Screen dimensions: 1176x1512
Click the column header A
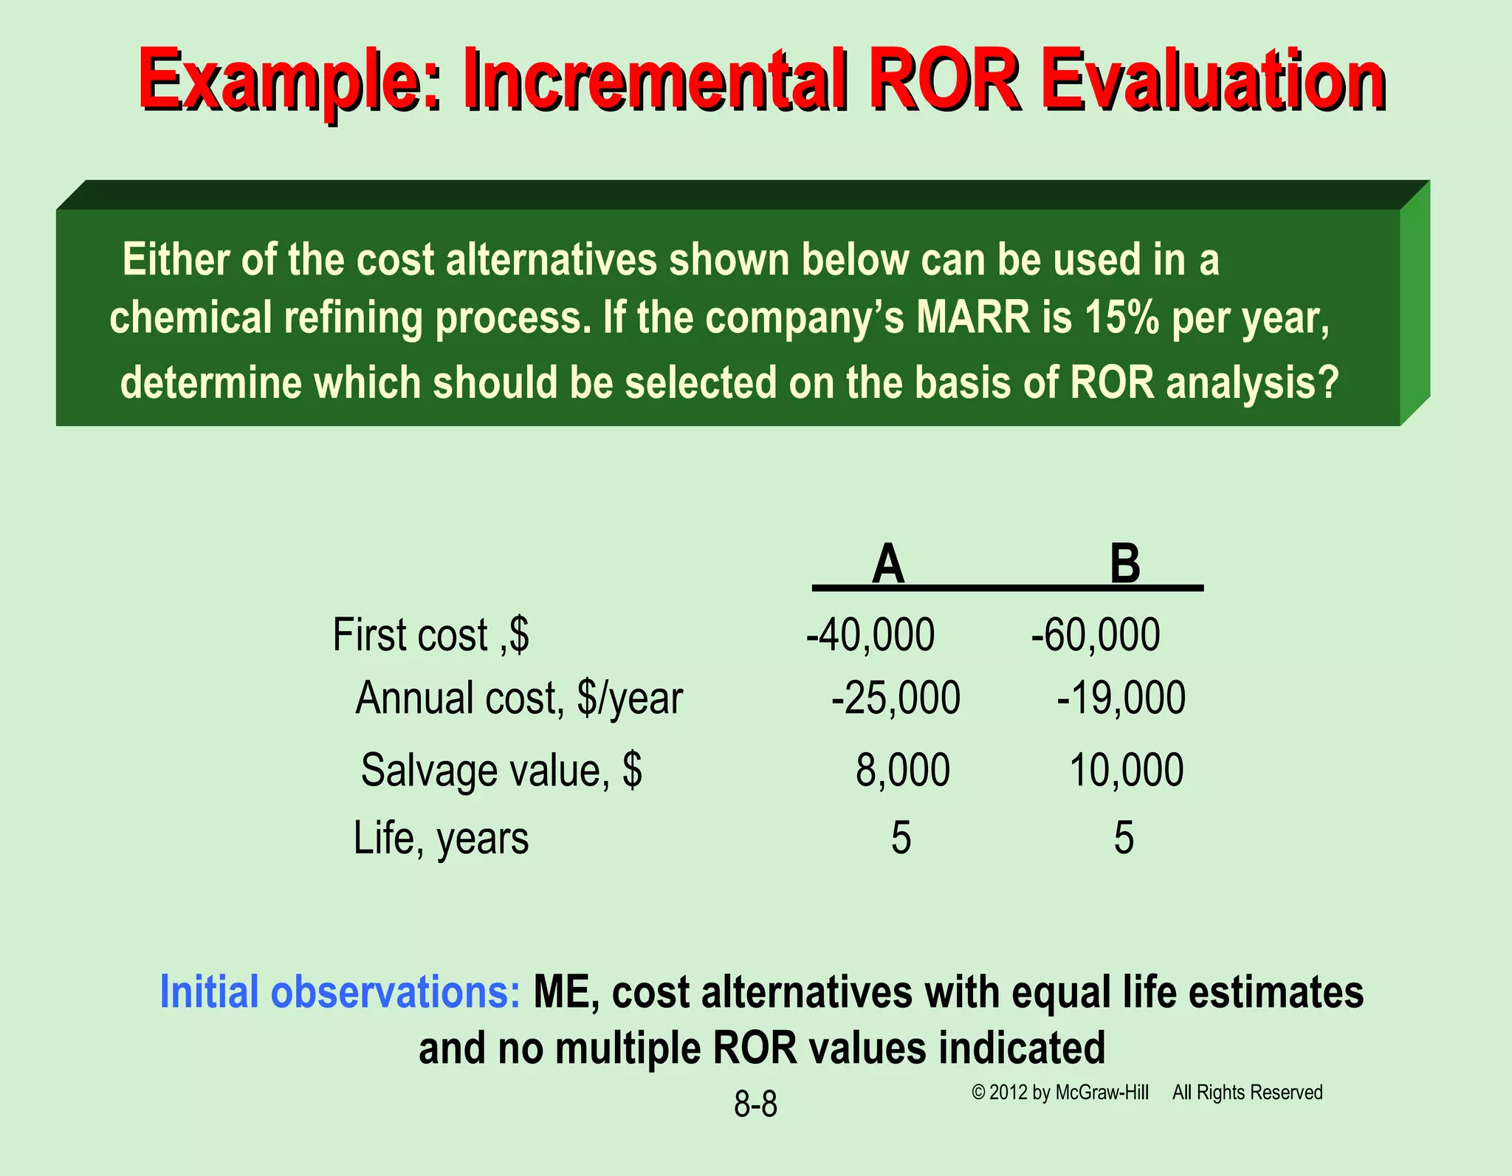pyautogui.click(x=887, y=564)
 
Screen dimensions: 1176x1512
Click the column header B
pyautogui.click(x=1125, y=564)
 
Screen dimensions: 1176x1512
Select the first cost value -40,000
pyautogui.click(x=870, y=635)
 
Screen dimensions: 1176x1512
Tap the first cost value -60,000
pyautogui.click(x=1096, y=635)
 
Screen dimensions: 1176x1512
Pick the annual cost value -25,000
pyautogui.click(x=896, y=698)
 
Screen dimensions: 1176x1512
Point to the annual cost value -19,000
pyautogui.click(x=1121, y=698)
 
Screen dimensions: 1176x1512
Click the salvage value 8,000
pyautogui.click(x=902, y=770)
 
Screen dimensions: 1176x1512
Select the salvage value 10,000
pyautogui.click(x=1127, y=770)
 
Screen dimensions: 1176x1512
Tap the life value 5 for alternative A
pyautogui.click(x=901, y=838)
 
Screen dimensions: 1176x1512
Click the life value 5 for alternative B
pyautogui.click(x=1124, y=838)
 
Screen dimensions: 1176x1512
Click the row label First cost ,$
pyautogui.click(x=430, y=635)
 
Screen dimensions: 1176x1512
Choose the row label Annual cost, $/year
pyautogui.click(x=519, y=698)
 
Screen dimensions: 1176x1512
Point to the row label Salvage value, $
pyautogui.click(x=501, y=771)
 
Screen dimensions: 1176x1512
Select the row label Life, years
pyautogui.click(x=441, y=839)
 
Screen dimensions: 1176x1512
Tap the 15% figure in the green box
pyautogui.click(x=1121, y=317)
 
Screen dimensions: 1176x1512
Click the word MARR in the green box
pyautogui.click(x=972, y=317)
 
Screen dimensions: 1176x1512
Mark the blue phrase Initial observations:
pyautogui.click(x=340, y=991)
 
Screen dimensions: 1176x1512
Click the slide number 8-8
pyautogui.click(x=755, y=1104)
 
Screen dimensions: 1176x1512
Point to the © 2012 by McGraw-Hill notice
pyautogui.click(x=1060, y=1093)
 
